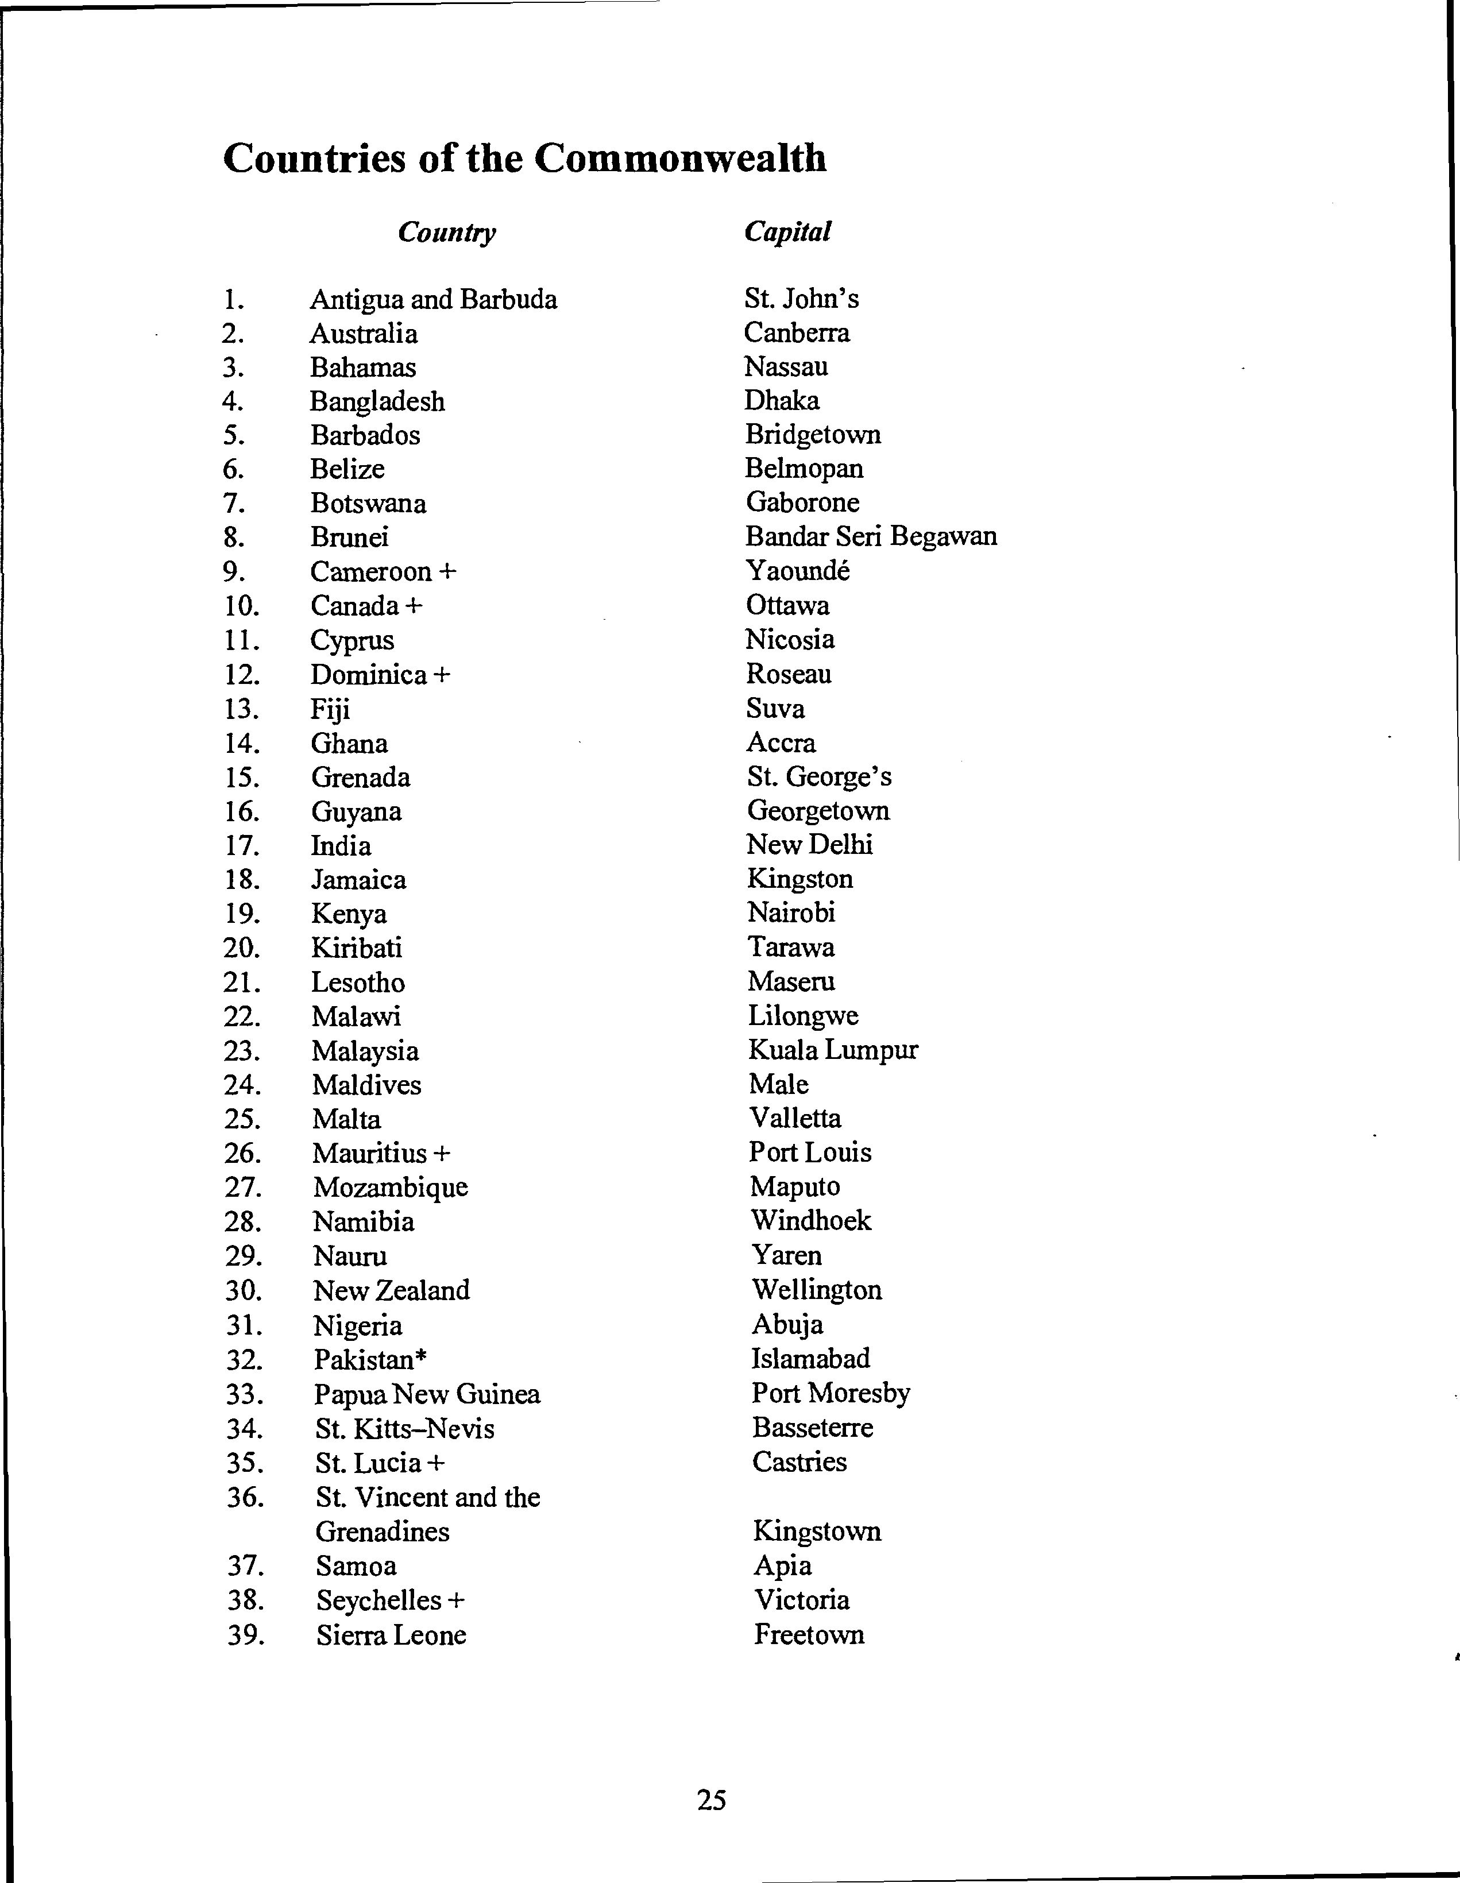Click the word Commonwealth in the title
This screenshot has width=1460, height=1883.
[679, 158]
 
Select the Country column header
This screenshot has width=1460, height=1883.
[447, 233]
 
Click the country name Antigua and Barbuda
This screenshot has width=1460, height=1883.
[433, 299]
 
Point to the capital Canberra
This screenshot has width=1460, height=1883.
[796, 333]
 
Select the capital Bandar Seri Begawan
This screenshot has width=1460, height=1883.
[871, 536]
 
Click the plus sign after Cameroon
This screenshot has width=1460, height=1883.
[447, 571]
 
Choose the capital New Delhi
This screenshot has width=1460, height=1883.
[809, 844]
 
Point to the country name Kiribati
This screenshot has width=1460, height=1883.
[356, 948]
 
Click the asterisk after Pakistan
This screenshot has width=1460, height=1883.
[420, 1356]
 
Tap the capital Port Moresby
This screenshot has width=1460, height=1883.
[831, 1393]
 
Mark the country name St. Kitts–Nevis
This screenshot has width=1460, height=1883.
[404, 1429]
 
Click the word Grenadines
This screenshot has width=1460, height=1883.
[382, 1531]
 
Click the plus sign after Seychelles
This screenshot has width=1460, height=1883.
[456, 1600]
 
